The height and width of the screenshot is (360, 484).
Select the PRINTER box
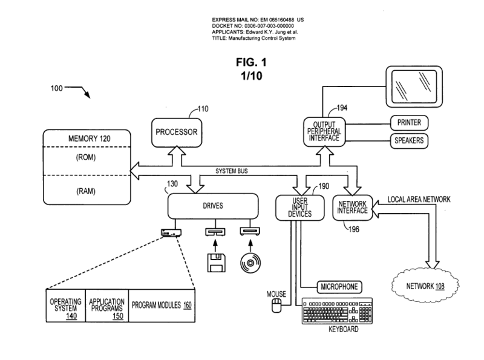[x=409, y=123]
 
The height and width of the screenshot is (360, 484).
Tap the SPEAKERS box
[x=409, y=141]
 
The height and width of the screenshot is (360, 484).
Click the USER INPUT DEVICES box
[x=295, y=208]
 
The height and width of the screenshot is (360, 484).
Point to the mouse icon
[x=278, y=306]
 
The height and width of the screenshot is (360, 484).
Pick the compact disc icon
[x=250, y=261]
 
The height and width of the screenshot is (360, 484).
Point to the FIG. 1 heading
[x=251, y=62]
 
